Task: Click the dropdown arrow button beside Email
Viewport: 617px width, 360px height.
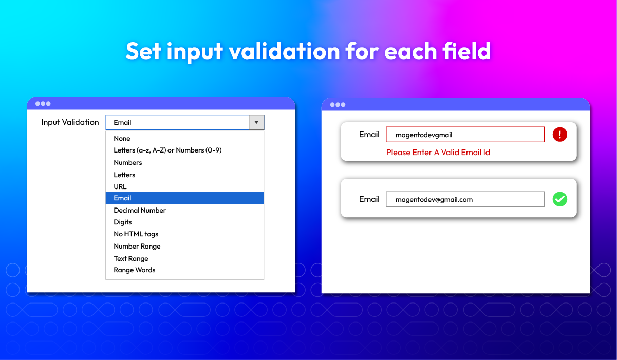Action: point(256,122)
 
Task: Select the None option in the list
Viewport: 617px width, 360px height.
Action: point(122,138)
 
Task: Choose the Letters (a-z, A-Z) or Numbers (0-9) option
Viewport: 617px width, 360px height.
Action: point(167,150)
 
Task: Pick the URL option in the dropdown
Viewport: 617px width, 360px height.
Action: point(120,187)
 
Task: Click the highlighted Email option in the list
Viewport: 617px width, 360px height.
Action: point(184,198)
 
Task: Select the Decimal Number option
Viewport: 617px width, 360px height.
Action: point(140,211)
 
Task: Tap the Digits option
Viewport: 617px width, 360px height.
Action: point(123,222)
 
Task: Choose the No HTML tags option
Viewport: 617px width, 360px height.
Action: point(136,234)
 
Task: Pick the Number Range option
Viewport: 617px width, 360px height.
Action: point(137,247)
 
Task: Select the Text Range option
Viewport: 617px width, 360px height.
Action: point(131,259)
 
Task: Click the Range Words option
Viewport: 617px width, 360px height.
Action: point(135,270)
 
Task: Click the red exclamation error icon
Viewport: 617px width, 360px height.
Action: point(559,135)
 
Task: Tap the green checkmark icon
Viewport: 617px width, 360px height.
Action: point(559,199)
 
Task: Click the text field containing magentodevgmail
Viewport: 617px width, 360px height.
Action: point(465,135)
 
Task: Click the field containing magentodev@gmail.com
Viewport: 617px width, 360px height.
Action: point(465,199)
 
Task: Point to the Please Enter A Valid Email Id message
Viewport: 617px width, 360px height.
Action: point(438,153)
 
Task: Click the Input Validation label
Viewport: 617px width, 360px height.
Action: point(70,122)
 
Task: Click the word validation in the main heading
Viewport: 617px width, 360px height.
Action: point(284,51)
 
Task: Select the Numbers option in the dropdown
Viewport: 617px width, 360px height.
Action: point(128,162)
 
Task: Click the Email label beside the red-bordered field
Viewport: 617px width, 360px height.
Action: point(369,135)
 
